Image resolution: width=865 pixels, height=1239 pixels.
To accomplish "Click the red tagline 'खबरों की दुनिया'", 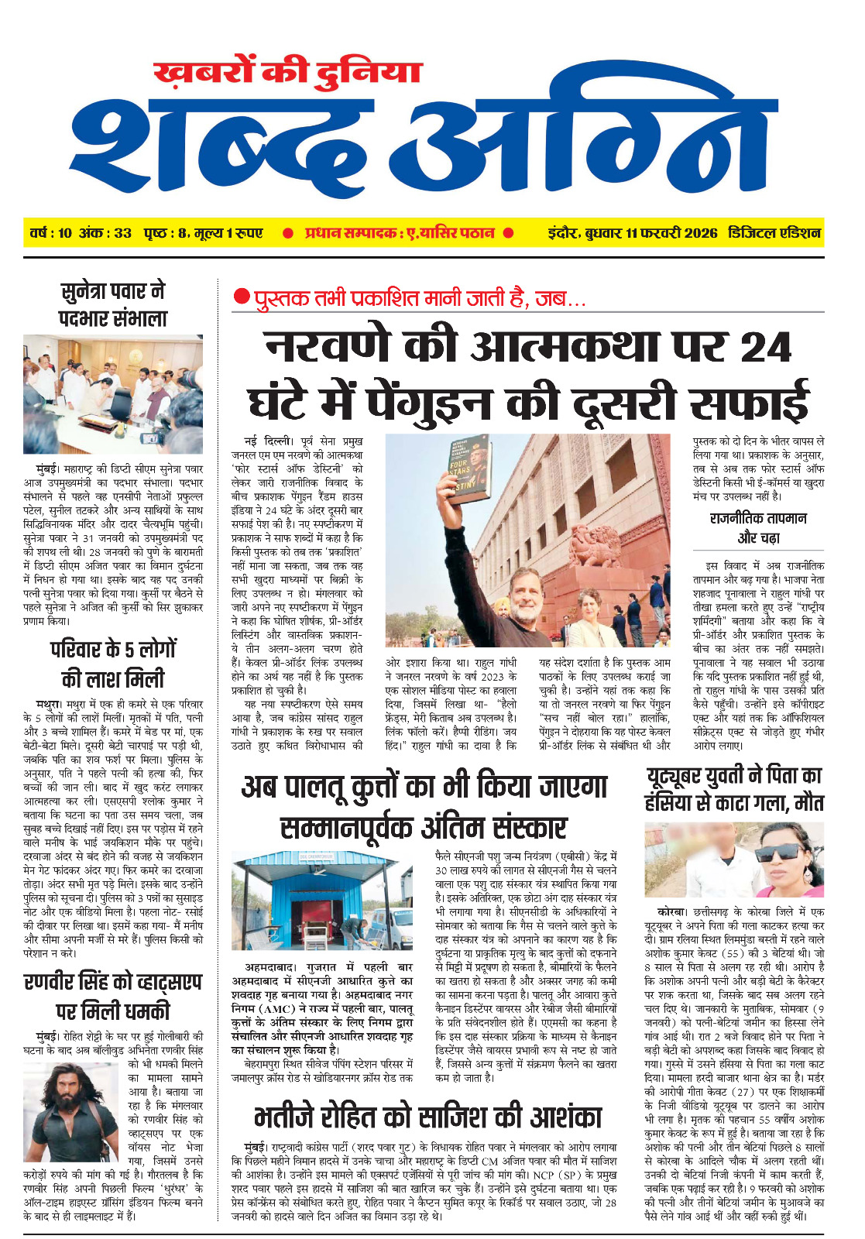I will [x=287, y=73].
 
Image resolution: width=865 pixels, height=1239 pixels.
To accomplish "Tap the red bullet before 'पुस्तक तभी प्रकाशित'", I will [x=242, y=297].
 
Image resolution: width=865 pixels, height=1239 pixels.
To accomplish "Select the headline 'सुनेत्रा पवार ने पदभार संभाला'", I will [x=113, y=305].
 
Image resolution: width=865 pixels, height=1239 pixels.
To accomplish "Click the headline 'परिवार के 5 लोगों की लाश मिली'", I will [x=113, y=664].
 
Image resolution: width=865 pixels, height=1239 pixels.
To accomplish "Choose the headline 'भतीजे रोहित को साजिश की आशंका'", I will [x=427, y=1117].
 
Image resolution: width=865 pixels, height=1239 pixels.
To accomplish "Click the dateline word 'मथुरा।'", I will [x=53, y=704].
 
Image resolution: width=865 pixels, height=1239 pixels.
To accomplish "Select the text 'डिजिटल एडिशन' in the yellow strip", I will [x=774, y=232].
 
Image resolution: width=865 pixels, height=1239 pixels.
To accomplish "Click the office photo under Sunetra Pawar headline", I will [x=113, y=394].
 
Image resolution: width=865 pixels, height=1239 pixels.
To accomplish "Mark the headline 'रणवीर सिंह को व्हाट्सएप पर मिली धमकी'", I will [x=113, y=996].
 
